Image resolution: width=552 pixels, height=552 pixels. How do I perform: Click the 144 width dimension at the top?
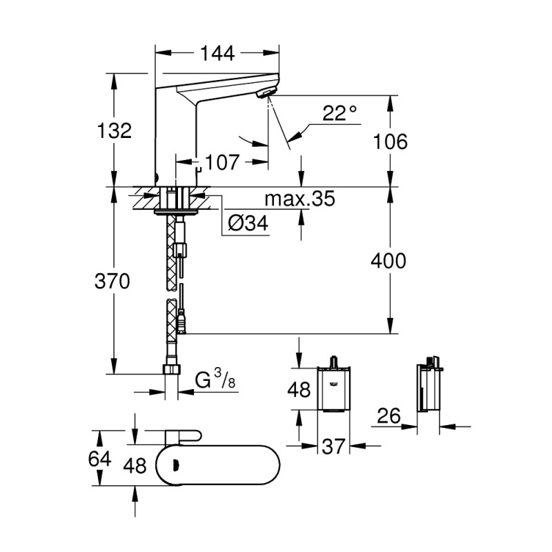pyautogui.click(x=217, y=52)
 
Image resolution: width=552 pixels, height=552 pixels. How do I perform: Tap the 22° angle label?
pyautogui.click(x=339, y=113)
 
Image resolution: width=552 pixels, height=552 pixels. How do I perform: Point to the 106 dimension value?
pyautogui.click(x=390, y=141)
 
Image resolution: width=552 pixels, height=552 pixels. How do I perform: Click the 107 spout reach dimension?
pyautogui.click(x=223, y=163)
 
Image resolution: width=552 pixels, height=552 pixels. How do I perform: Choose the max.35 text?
pyautogui.click(x=300, y=199)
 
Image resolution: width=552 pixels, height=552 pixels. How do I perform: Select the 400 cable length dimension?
pyautogui.click(x=388, y=261)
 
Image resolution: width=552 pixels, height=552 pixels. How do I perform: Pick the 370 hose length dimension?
pyautogui.click(x=112, y=281)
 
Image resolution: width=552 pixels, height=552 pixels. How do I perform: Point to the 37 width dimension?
pyautogui.click(x=333, y=447)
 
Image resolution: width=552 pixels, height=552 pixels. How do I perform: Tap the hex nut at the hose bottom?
pyautogui.click(x=171, y=370)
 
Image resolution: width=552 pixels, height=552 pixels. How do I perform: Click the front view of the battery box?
pyautogui.click(x=333, y=389)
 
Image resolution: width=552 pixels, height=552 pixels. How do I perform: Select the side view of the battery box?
pyautogui.click(x=428, y=388)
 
